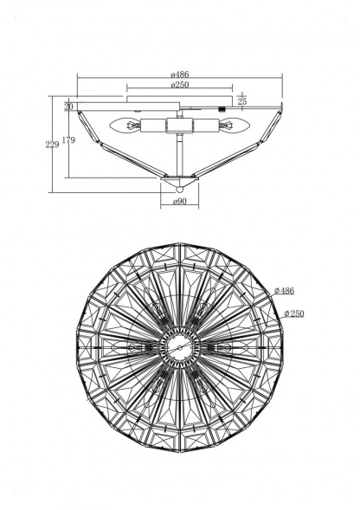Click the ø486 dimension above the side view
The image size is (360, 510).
(180, 74)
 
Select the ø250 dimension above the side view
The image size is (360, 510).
(180, 85)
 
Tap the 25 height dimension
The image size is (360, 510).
(242, 101)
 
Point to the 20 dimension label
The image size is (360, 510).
(68, 107)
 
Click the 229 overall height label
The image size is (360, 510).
(52, 145)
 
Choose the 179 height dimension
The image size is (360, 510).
(68, 140)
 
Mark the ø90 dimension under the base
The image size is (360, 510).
(180, 202)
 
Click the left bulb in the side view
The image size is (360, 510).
(125, 125)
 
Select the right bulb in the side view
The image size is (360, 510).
(234, 125)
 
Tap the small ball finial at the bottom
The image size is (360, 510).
(179, 189)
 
